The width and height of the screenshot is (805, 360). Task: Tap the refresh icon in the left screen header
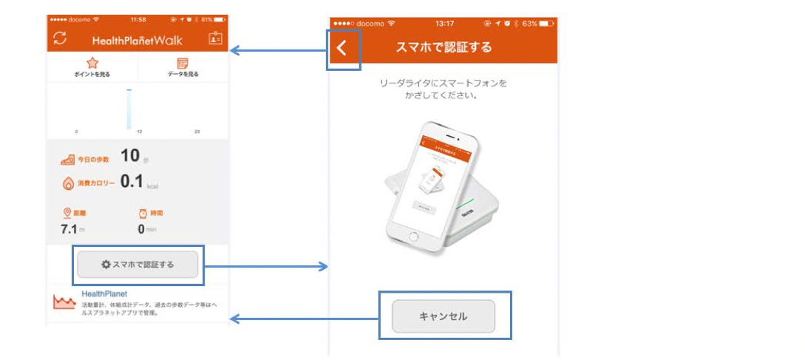[x=60, y=38]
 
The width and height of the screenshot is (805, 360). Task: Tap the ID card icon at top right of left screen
[x=215, y=38]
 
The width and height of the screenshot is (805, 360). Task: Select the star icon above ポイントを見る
[x=92, y=63]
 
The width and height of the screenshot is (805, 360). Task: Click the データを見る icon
[x=183, y=63]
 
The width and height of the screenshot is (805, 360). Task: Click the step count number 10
[x=130, y=155]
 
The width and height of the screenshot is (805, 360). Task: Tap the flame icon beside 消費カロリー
[x=67, y=183]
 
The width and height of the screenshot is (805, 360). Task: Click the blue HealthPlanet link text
[x=104, y=293]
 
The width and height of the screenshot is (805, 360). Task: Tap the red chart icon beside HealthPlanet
[x=64, y=302]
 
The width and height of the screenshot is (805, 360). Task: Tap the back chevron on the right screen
[x=341, y=49]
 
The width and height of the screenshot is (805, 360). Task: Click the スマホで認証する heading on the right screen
[x=444, y=48]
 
